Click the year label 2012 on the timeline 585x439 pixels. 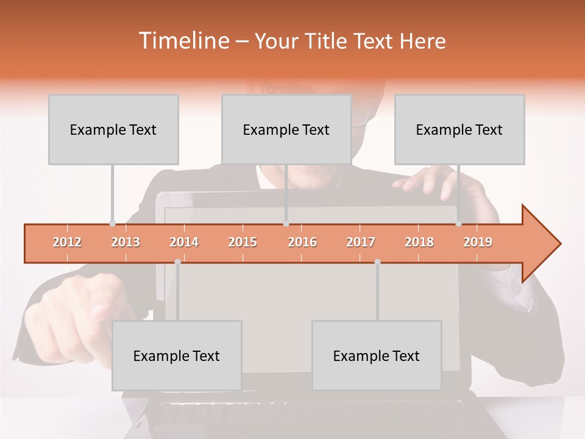pos(67,242)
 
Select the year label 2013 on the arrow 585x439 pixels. pos(126,242)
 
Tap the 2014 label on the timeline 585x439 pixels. pos(184,242)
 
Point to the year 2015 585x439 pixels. pos(243,242)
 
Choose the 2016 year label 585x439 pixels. pos(302,242)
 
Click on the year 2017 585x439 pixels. pos(361,242)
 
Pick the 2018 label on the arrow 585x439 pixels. pos(419,242)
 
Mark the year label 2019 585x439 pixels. pos(478,242)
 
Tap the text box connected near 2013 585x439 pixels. pos(113,129)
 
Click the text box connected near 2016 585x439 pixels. pos(286,129)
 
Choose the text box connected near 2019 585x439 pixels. pos(459,129)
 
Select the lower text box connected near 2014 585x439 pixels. pos(177,355)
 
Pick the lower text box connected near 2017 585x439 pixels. pos(377,355)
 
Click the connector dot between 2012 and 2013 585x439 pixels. pos(112,224)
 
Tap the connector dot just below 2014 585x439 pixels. pos(177,262)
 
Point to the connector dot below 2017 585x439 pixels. pos(377,262)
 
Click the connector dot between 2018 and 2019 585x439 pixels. pos(458,224)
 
